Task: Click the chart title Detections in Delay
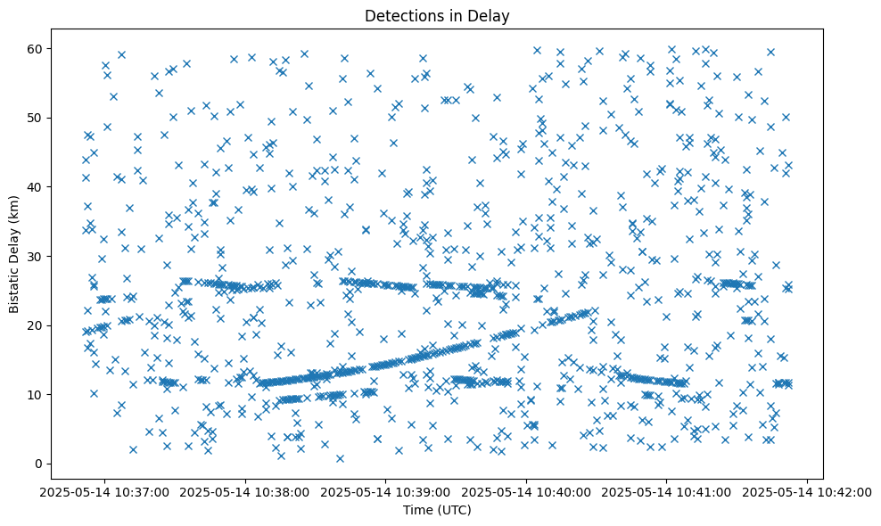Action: (x=438, y=15)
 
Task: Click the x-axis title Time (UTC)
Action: (x=438, y=510)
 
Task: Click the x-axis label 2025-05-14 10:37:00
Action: (x=105, y=491)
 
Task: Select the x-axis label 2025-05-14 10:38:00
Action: (x=246, y=491)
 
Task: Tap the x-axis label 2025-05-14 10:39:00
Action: (x=386, y=491)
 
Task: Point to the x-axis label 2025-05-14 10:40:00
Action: (x=527, y=491)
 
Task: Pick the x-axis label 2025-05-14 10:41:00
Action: (x=668, y=491)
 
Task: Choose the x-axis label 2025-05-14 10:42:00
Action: (x=808, y=491)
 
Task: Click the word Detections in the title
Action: (x=405, y=15)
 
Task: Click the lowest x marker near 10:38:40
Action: (x=340, y=458)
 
